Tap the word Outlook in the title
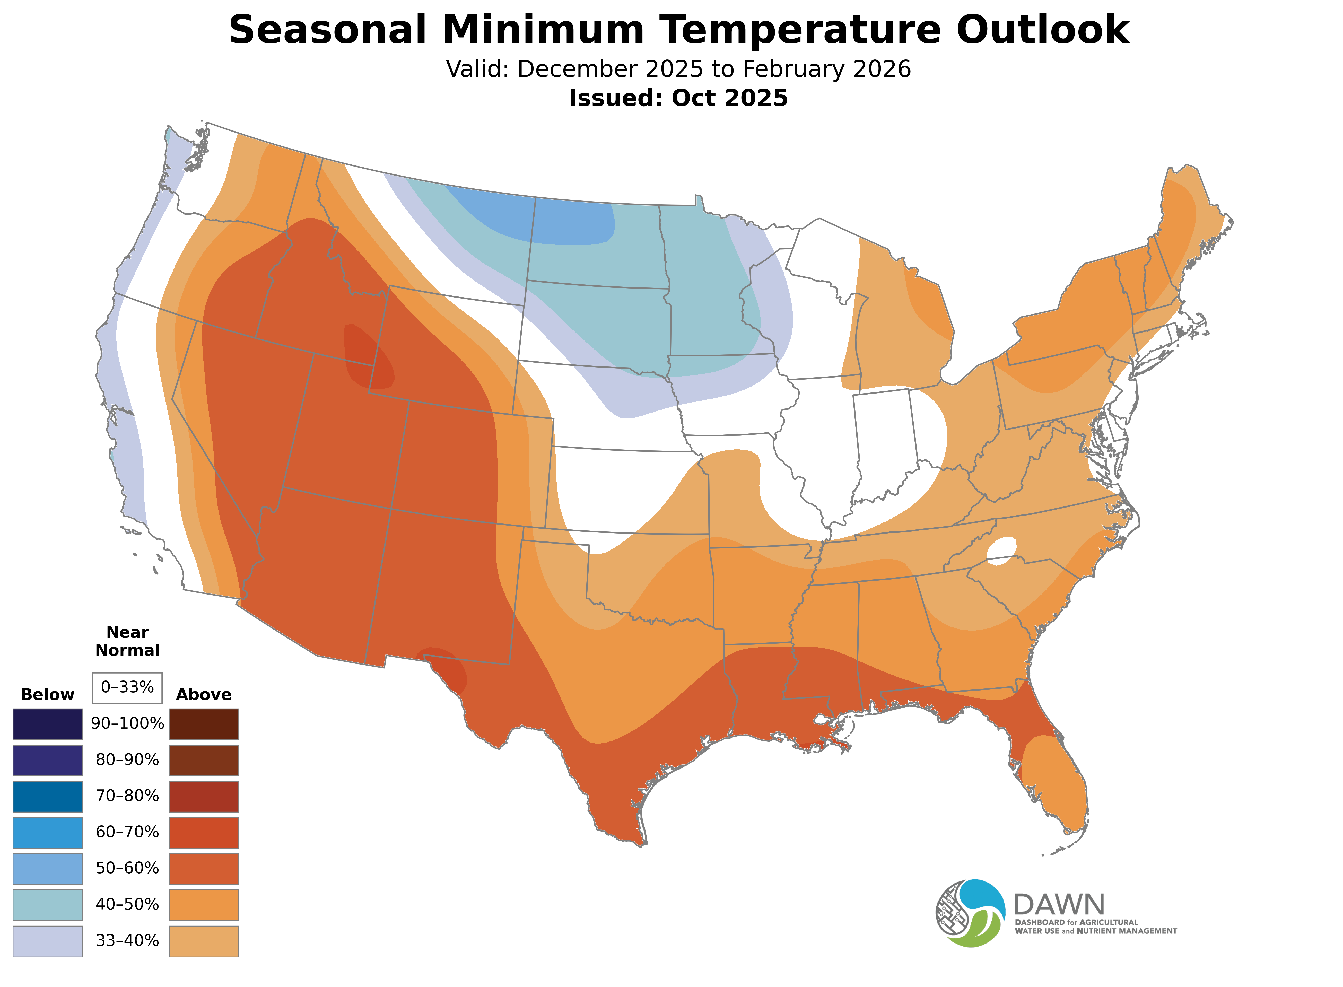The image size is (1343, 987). point(1042,30)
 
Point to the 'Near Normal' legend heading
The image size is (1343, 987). point(127,641)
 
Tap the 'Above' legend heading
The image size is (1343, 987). point(204,695)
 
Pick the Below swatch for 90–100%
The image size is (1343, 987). point(48,724)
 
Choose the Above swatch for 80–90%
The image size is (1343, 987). point(204,760)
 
